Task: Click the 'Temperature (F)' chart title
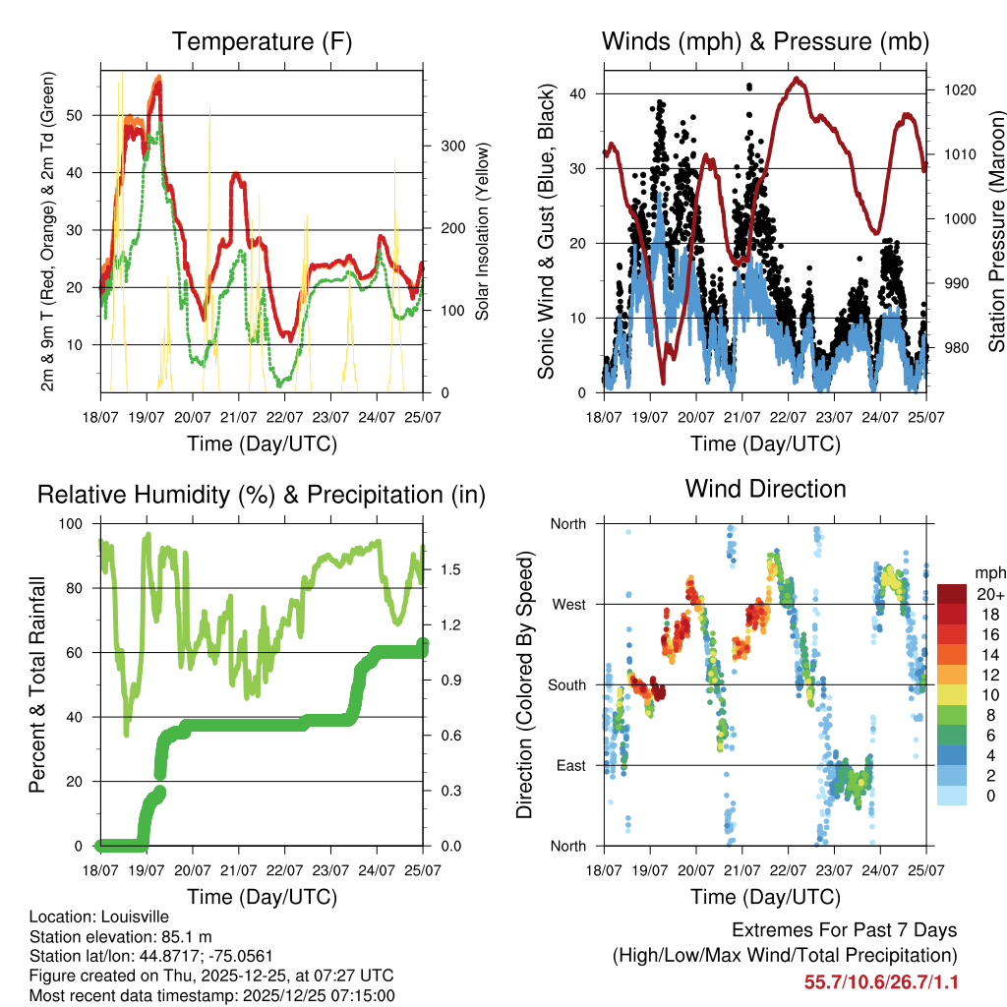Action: point(262,41)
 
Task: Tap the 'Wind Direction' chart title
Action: point(765,489)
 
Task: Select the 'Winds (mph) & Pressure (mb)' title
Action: point(765,41)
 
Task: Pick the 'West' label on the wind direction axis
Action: point(568,604)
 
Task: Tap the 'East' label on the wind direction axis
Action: point(569,765)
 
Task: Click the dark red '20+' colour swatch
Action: point(951,594)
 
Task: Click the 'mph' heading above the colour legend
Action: point(988,572)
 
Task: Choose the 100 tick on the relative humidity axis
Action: point(73,523)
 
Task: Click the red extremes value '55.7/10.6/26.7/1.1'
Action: point(881,982)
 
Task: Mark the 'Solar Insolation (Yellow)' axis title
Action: point(482,232)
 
